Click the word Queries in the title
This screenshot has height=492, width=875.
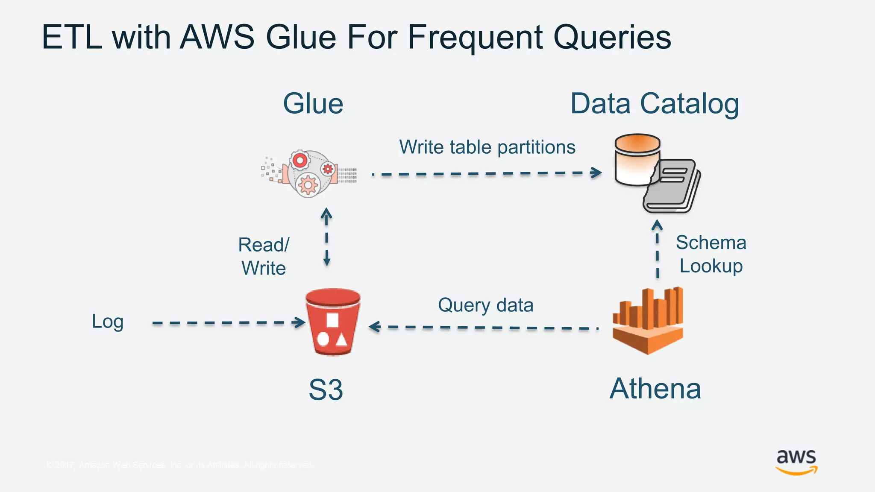coord(612,38)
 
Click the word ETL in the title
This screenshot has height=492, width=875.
coord(71,38)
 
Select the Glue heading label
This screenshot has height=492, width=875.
coord(313,104)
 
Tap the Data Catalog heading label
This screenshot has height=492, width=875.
coord(655,104)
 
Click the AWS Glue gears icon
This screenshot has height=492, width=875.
coord(308,173)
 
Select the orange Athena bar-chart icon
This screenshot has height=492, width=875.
coord(648,321)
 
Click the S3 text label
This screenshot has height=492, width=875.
coord(326,389)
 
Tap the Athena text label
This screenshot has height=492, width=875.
coord(655,389)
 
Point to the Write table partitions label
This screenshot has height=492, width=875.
coord(487,147)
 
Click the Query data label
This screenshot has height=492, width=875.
coord(485,305)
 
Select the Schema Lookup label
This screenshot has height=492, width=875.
coord(711,254)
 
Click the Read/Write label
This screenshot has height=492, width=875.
coord(264,256)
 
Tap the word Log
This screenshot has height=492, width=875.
coord(108,322)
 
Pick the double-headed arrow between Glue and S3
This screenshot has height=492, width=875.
coord(326,237)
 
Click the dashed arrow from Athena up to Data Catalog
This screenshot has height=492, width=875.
coord(658,250)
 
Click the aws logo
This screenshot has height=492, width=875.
coord(796,462)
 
